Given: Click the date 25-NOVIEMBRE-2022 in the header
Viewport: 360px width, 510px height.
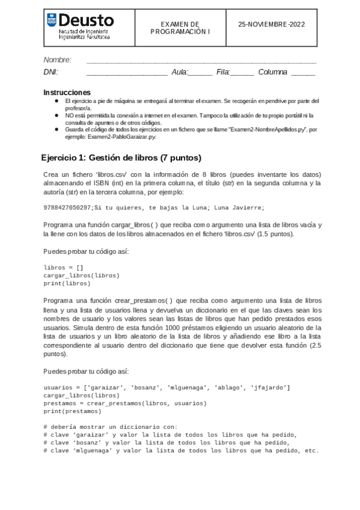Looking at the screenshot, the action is coord(272,25).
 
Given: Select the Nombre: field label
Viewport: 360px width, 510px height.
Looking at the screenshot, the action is coord(58,60).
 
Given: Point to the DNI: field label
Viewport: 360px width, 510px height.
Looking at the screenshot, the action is coord(51,73).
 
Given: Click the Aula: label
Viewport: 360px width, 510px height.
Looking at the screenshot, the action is coord(180,73).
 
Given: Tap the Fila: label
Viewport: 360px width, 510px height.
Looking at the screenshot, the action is coord(224,73).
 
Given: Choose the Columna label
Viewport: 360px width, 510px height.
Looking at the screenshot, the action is coord(273,73).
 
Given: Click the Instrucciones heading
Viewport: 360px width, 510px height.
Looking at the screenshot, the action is coord(67,93).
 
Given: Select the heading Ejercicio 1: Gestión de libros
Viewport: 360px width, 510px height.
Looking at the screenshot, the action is coord(121,158).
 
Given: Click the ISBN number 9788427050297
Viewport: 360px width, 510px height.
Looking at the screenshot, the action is coord(67,207).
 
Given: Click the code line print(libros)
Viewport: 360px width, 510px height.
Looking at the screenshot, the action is coord(67,283).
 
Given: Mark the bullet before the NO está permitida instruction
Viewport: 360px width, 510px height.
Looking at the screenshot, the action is coord(56,114).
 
